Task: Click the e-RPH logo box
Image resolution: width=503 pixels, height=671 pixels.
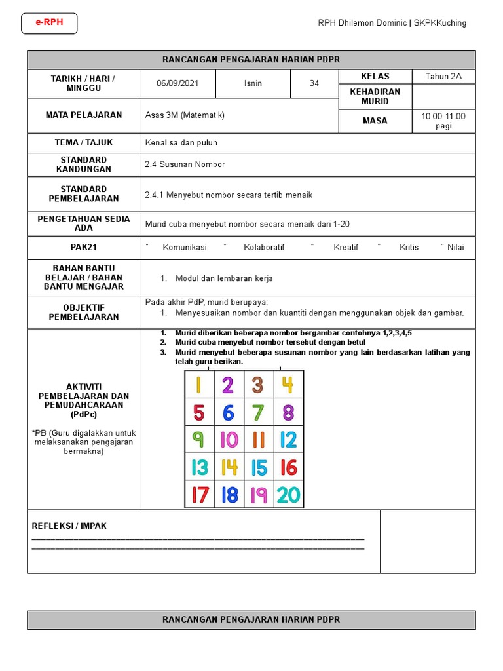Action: [49, 24]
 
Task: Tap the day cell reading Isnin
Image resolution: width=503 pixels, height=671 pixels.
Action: [253, 84]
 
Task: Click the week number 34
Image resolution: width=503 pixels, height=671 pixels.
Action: [314, 84]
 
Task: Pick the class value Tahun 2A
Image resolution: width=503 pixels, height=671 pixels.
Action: [443, 76]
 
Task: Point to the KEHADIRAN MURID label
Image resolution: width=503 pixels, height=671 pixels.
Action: [375, 96]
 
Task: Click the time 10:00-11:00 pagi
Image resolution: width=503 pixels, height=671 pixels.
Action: [443, 121]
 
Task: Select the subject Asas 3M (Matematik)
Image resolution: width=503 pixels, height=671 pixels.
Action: [185, 115]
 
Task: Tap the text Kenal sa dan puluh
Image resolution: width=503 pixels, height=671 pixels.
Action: [181, 142]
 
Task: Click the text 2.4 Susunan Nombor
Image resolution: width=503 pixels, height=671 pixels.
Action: [185, 164]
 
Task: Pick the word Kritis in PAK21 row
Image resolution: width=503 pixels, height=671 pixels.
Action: [409, 248]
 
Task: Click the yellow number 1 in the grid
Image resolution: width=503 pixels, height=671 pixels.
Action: [199, 385]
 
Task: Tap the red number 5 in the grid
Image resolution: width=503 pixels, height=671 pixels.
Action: [199, 413]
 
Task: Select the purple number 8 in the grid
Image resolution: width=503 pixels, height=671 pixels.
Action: [288, 413]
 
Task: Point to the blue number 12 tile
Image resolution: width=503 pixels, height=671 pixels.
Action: [288, 440]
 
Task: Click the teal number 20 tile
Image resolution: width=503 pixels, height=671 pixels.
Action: [288, 494]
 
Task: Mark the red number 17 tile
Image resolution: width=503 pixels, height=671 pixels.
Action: [199, 494]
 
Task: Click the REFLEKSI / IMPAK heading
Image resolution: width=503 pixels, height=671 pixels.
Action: [69, 526]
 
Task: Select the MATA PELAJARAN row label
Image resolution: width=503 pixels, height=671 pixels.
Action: [84, 115]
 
